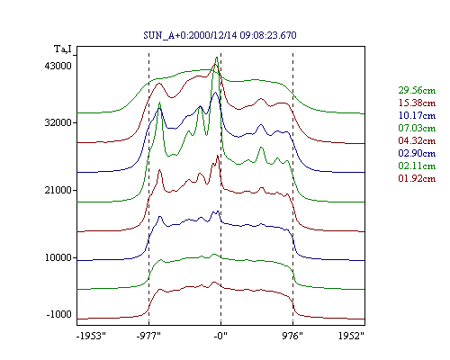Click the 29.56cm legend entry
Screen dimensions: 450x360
417,90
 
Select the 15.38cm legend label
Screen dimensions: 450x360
417,103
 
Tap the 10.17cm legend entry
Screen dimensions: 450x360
417,115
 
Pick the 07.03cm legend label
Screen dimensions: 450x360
417,128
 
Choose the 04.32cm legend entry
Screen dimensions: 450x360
417,140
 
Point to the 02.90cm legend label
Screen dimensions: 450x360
417,153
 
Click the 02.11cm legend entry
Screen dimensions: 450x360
417,166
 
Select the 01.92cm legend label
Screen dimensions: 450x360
417,178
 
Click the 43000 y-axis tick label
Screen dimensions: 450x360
58,66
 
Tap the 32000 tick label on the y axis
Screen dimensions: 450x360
58,122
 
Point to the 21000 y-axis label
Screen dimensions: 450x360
58,190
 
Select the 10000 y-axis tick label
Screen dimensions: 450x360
58,257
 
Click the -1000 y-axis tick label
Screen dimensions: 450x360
59,314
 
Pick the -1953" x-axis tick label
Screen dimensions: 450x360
91,336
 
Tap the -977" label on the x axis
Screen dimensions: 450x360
148,336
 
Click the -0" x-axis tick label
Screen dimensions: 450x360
220,336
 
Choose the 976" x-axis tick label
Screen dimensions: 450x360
292,336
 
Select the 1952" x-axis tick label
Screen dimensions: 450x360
351,336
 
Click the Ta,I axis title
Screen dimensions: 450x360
63,49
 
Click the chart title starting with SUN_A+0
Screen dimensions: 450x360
220,35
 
